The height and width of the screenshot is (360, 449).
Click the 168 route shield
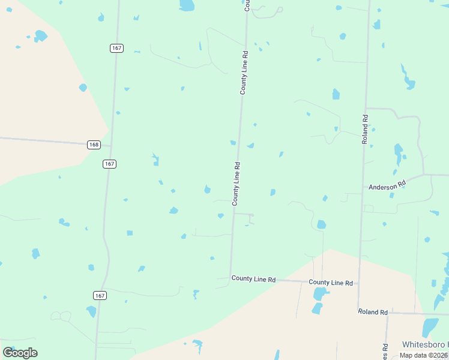pos(93,145)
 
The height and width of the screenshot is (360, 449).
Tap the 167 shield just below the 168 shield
pos(109,164)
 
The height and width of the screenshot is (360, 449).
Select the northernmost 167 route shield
pos(116,48)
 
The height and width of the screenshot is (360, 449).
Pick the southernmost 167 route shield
pos(100,295)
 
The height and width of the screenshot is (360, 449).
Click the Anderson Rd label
pos(387,187)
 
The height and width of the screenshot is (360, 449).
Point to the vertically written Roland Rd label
pos(364,129)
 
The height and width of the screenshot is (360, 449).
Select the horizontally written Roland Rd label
pos(373,312)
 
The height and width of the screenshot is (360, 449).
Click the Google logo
pos(20,353)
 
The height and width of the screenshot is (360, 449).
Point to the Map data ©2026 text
pos(424,355)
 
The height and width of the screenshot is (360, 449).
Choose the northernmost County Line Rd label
pos(244,72)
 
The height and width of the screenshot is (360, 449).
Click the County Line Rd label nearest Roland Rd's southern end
pos(330,282)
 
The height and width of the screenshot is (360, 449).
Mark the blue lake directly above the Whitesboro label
pos(430,327)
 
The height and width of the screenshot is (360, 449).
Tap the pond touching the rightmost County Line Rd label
pos(321,293)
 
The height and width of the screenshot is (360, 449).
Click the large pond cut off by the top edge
pos(187,5)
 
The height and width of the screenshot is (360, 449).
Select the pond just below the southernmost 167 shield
pos(91,311)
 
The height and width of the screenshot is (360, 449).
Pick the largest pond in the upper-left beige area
pos(40,35)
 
